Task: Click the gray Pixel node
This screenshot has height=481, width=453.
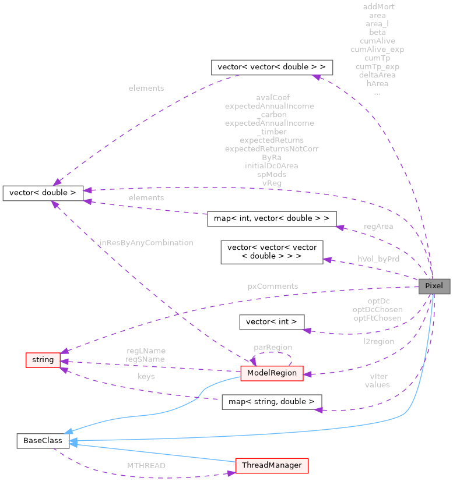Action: pyautogui.click(x=434, y=286)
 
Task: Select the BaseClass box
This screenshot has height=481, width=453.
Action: pyautogui.click(x=43, y=441)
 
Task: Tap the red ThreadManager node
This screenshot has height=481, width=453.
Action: pyautogui.click(x=272, y=465)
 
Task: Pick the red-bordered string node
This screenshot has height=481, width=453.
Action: pyautogui.click(x=43, y=360)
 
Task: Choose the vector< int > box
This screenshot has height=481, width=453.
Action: pyautogui.click(x=272, y=321)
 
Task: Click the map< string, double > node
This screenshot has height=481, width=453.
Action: pyautogui.click(x=272, y=402)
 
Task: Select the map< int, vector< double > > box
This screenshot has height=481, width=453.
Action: pyautogui.click(x=272, y=219)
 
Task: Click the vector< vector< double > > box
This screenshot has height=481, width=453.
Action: pyautogui.click(x=272, y=67)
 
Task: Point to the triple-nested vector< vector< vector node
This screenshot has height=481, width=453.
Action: pyautogui.click(x=272, y=252)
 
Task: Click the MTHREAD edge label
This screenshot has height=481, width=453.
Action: pyautogui.click(x=147, y=465)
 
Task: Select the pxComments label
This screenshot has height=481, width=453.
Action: pyautogui.click(x=273, y=286)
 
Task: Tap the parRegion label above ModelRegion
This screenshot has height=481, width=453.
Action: pyautogui.click(x=273, y=347)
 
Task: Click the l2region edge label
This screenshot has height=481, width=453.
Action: pyautogui.click(x=378, y=341)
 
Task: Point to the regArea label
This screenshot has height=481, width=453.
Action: pyautogui.click(x=378, y=226)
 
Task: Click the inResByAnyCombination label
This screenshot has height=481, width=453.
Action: pyautogui.click(x=146, y=242)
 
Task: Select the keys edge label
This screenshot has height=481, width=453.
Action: pyautogui.click(x=146, y=376)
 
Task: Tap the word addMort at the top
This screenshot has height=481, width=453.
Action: pyautogui.click(x=378, y=6)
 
